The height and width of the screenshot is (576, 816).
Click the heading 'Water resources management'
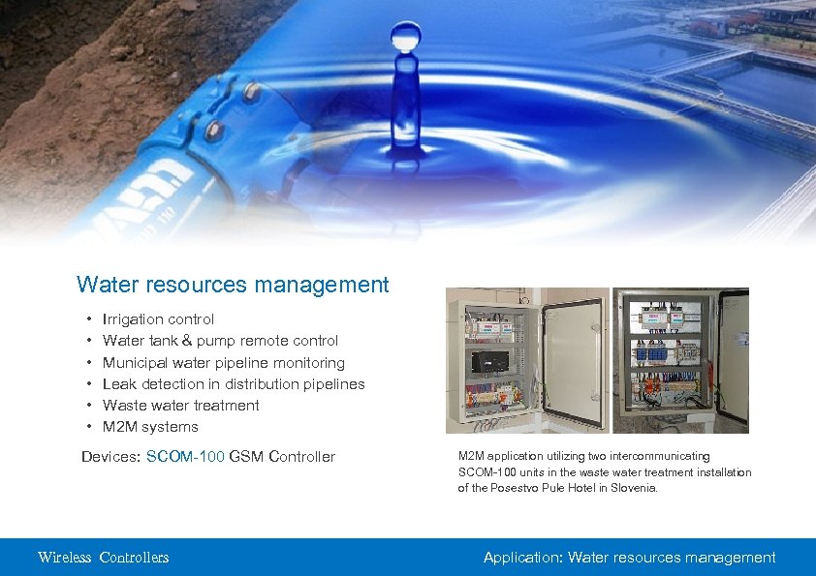point(233,285)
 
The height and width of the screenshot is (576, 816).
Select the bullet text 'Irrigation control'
point(158,319)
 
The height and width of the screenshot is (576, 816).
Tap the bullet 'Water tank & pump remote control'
point(220,341)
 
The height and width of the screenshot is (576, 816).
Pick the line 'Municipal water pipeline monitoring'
point(223,363)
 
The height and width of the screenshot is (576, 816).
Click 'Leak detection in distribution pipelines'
point(234,384)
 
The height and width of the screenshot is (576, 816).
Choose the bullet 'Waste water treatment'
point(180,406)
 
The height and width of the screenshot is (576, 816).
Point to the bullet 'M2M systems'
point(150,427)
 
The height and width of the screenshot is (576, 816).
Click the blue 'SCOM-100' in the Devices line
point(185,457)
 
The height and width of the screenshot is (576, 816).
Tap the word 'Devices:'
point(110,457)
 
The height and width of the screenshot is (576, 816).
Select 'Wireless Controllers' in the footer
point(103,558)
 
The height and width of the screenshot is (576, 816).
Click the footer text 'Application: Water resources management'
point(629,558)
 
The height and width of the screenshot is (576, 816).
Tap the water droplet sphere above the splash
point(405,40)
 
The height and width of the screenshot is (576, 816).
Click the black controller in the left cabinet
point(488,361)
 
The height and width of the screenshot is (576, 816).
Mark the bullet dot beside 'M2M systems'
point(89,427)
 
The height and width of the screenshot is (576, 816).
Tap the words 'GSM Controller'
point(282,457)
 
